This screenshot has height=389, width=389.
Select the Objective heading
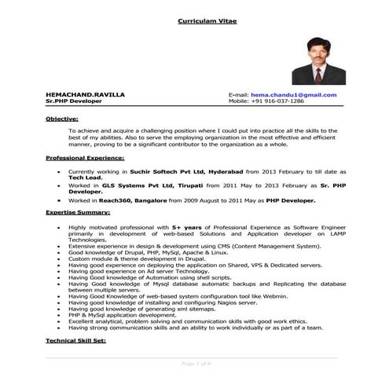61,118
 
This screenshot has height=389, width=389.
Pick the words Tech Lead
85,177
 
